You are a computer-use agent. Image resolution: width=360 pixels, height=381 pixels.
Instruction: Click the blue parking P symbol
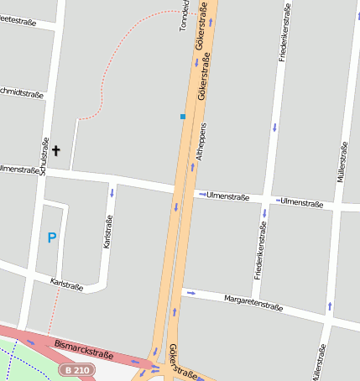[52, 237]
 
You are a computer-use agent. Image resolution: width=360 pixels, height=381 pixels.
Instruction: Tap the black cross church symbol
[57, 151]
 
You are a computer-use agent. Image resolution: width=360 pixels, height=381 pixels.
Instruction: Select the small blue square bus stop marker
[182, 116]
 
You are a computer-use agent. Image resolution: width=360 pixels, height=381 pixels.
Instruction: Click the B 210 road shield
[77, 369]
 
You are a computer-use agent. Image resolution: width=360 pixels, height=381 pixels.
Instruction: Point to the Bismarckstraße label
[83, 349]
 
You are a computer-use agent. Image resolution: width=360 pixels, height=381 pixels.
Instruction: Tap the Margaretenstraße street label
[253, 303]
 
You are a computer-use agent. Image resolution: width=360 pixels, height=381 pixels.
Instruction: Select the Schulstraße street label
[43, 157]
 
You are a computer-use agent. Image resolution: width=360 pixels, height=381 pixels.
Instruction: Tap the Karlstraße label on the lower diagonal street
[66, 285]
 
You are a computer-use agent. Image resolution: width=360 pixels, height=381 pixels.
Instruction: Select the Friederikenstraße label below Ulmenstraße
[261, 250]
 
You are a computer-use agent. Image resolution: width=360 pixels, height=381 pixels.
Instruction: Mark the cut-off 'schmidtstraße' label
[22, 93]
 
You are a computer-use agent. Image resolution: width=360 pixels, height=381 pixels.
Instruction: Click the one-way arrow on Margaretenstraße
[191, 293]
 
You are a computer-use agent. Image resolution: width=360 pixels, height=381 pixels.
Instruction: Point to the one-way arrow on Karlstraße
[112, 192]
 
